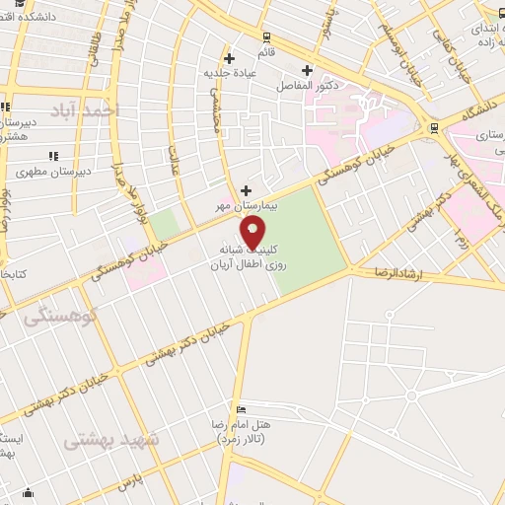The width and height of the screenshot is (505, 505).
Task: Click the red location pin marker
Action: [x=253, y=236]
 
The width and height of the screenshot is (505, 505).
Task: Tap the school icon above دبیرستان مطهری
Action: [x=52, y=156]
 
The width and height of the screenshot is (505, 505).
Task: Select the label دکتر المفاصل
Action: [x=306, y=86]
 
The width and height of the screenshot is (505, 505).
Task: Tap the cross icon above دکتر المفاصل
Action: [x=307, y=70]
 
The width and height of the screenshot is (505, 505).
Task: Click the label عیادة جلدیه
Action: [x=229, y=71]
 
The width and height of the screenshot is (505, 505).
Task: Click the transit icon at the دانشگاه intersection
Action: [x=434, y=128]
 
